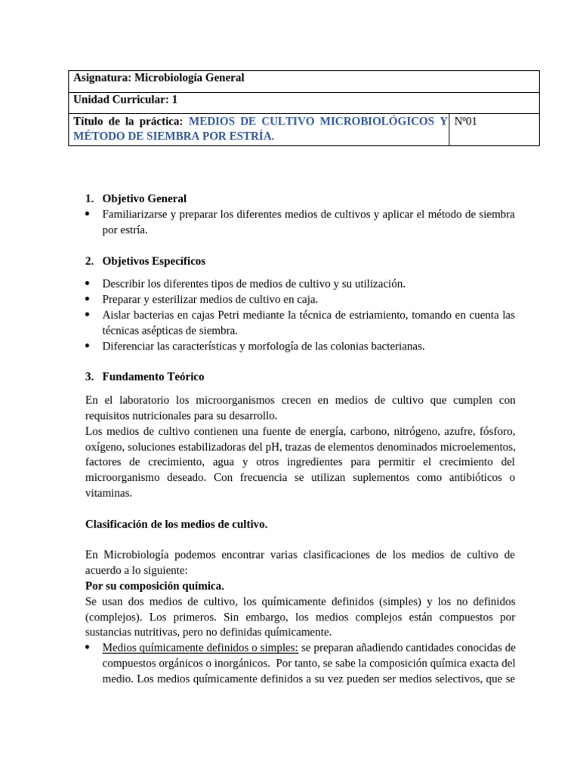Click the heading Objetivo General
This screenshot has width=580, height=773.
[x=144, y=199]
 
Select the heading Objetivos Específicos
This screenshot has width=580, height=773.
[x=153, y=261]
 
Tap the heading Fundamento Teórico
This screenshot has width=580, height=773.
[x=153, y=377]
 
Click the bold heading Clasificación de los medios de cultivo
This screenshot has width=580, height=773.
[x=176, y=524]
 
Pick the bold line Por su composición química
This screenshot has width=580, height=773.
[x=154, y=586]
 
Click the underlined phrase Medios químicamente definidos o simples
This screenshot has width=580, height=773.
[x=200, y=648]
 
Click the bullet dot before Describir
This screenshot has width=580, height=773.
[x=88, y=283]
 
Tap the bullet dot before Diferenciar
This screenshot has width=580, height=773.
[x=88, y=346]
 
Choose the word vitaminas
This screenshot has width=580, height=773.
[x=109, y=493]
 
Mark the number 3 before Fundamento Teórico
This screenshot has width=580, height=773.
[x=88, y=377]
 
